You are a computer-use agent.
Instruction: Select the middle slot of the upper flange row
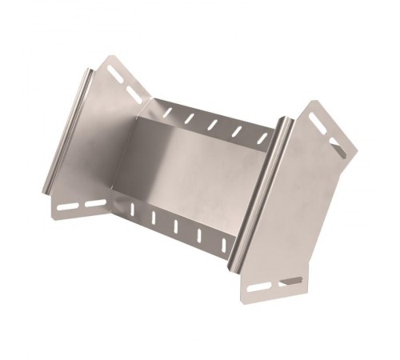(x=213, y=125)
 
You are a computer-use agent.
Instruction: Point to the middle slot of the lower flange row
(x=176, y=224)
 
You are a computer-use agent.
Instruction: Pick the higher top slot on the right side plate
(x=318, y=120)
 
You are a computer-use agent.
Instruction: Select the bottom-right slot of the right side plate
(x=291, y=281)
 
